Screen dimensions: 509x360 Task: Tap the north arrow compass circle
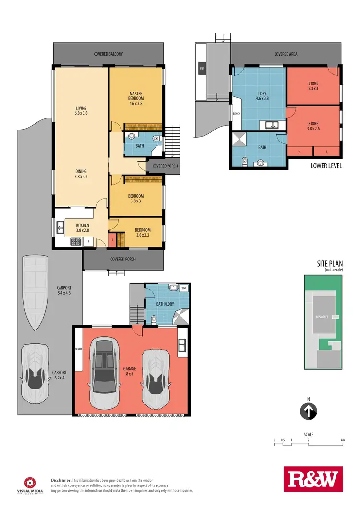click(x=309, y=411)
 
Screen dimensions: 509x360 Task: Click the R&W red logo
click(x=312, y=479)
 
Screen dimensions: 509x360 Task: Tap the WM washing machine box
click(x=183, y=288)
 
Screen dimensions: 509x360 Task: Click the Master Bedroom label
click(x=136, y=98)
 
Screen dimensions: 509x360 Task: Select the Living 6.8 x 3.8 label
click(x=81, y=111)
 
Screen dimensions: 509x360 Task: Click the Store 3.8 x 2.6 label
click(x=313, y=127)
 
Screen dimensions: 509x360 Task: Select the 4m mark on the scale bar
click(x=342, y=440)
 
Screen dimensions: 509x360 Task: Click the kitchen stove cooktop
click(x=76, y=242)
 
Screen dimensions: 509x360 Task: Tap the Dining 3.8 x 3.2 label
click(x=81, y=174)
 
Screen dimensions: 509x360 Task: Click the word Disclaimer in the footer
click(x=61, y=480)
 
